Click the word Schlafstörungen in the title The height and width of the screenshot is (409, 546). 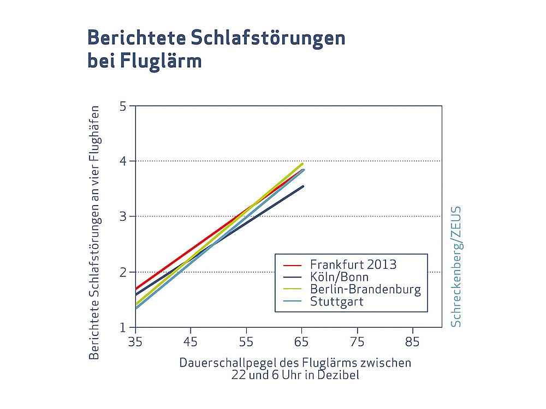click(268, 39)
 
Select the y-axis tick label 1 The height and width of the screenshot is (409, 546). click(123, 327)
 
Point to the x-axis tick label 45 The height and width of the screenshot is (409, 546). click(191, 342)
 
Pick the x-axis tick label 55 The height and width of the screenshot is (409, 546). click(246, 342)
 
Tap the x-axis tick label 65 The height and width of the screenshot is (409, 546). click(302, 342)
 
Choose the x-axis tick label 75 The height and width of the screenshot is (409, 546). click(357, 342)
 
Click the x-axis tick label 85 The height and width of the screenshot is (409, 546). click(413, 342)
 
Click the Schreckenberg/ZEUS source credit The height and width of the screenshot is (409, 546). click(456, 266)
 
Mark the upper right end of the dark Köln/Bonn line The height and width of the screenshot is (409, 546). click(303, 187)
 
